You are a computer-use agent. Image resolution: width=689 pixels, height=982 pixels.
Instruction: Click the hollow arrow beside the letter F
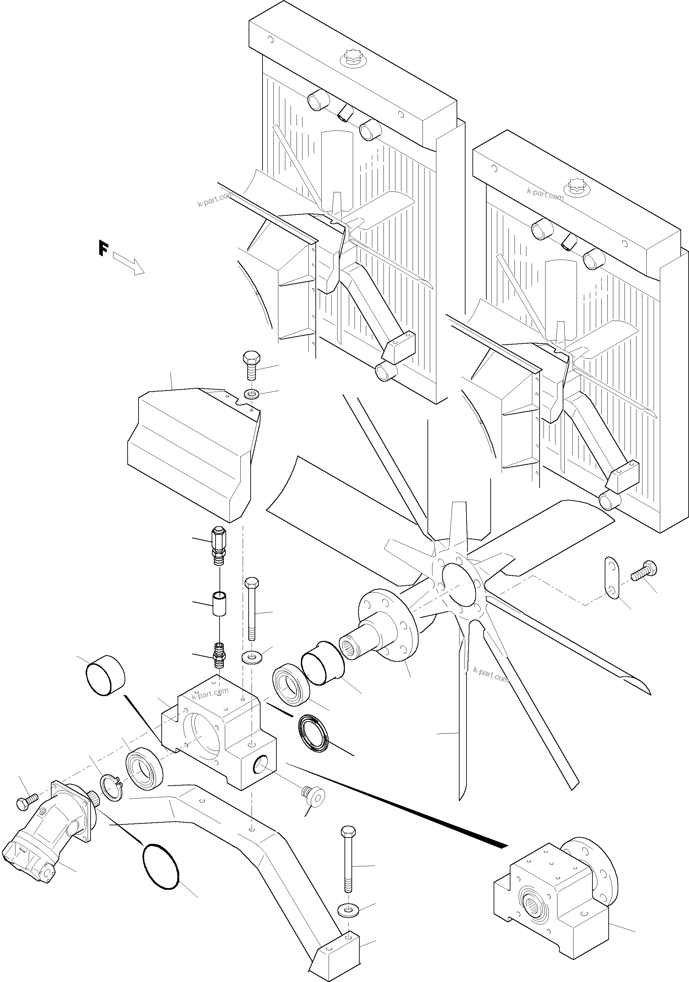129,264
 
